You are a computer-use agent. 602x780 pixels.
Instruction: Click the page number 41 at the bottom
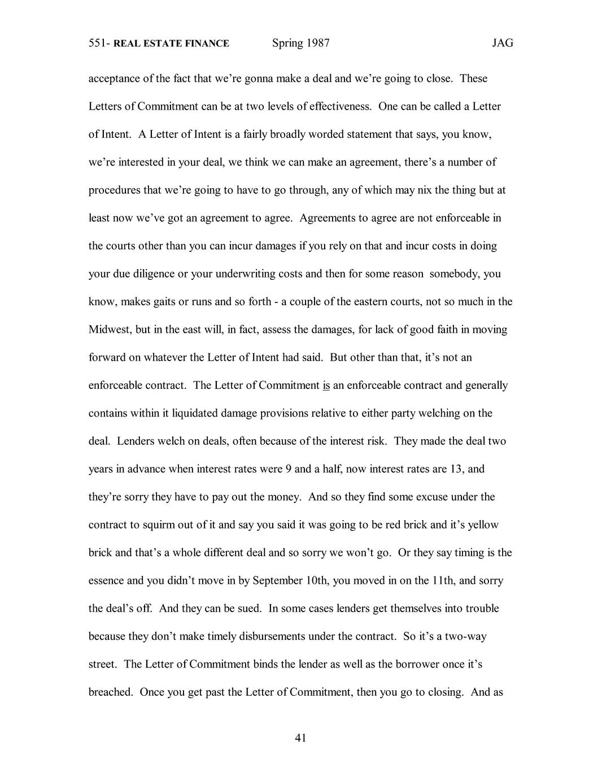[x=300, y=738]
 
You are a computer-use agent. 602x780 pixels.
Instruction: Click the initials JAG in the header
[x=502, y=44]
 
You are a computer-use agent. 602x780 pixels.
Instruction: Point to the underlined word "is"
[x=326, y=385]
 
